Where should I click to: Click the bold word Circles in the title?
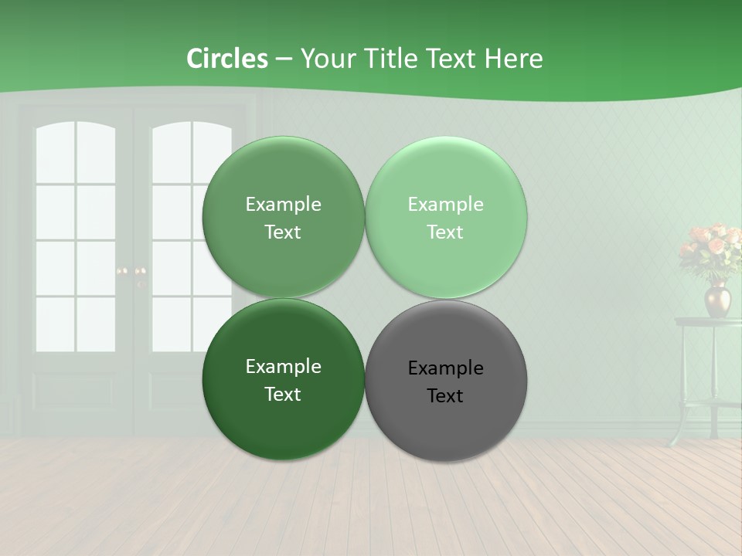226,59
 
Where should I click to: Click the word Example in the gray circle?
445,368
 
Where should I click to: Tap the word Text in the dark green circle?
283,394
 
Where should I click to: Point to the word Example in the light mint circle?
445,205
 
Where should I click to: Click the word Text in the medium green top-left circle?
283,232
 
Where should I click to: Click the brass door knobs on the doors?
131,272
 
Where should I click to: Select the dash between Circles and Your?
284,59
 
